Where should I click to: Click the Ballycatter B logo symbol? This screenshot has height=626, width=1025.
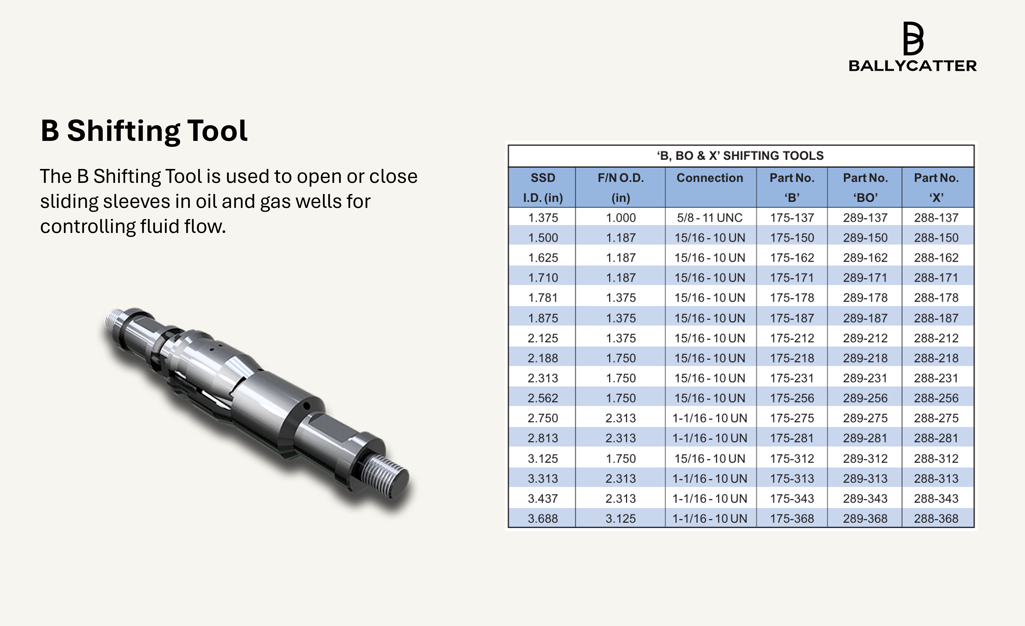(x=913, y=39)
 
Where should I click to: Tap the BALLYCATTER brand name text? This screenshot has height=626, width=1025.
(x=913, y=66)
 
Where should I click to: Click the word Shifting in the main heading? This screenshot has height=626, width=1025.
(x=123, y=131)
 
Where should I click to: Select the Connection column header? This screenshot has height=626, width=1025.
(x=710, y=178)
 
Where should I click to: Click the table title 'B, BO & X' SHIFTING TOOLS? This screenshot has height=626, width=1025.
(x=741, y=156)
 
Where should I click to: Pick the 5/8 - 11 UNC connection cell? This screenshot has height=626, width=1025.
(x=710, y=218)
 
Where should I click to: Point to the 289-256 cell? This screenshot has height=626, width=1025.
(x=865, y=398)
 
